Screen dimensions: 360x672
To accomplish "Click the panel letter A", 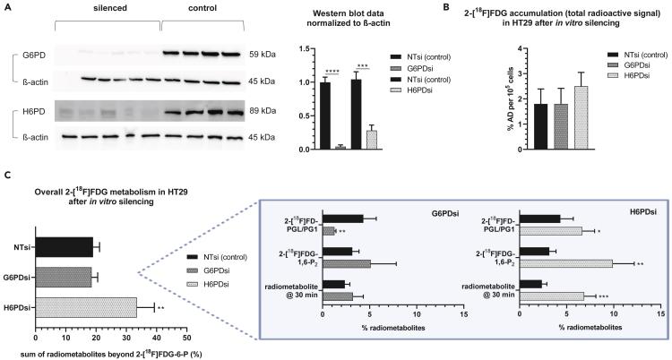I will click(6, 7).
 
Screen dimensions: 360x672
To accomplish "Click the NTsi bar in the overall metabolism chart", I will click(64, 244).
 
